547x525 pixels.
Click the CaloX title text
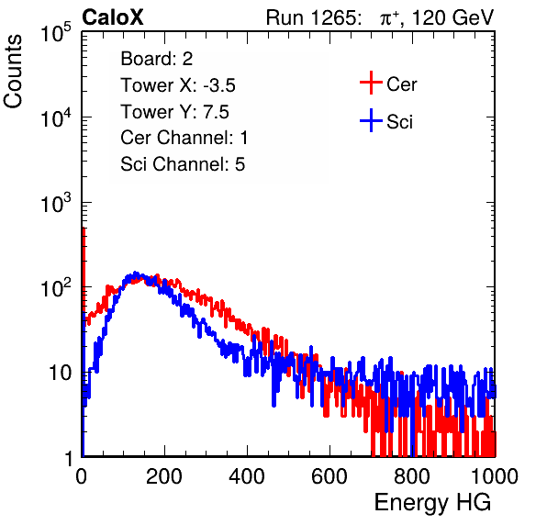113,17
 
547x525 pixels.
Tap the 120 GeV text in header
452,17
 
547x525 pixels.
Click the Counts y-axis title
13,72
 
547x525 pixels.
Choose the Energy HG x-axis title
432,502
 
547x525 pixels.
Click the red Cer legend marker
371,83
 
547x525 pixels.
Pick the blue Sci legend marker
371,121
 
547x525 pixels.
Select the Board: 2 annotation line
157,59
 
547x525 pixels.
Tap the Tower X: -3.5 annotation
178,85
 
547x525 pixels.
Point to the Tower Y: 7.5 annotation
174,112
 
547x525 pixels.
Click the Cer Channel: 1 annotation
184,138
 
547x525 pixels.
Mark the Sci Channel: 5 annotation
183,164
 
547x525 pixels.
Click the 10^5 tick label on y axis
55,33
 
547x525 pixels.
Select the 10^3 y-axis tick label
55,203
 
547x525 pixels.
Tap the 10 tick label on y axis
61,373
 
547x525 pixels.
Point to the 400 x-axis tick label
247,476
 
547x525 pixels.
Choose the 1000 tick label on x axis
495,476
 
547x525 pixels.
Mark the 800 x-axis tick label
412,476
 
